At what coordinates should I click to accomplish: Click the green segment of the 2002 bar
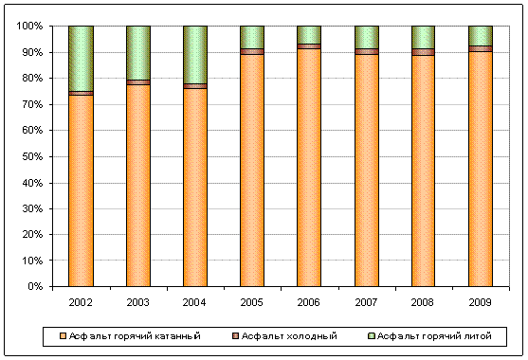click(x=81, y=59)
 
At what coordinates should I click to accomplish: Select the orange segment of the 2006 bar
click(x=309, y=168)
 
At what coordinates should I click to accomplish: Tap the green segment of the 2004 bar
click(x=195, y=55)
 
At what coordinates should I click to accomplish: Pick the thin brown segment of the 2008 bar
click(x=423, y=52)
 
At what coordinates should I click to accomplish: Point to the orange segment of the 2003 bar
click(x=138, y=186)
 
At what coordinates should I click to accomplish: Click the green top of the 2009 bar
click(x=481, y=36)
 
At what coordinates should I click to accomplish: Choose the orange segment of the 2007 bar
click(x=366, y=171)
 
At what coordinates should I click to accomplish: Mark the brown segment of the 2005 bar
click(x=252, y=51)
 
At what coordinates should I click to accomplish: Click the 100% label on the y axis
click(x=29, y=26)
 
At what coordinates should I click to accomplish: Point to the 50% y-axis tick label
click(x=32, y=156)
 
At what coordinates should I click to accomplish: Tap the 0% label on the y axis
click(x=35, y=286)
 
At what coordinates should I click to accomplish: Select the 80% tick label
click(x=32, y=78)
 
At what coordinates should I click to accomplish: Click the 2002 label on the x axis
click(x=81, y=302)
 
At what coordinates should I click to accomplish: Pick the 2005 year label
click(x=251, y=302)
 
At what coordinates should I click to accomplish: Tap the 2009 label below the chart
click(x=481, y=302)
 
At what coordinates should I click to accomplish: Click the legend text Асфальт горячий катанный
click(x=135, y=336)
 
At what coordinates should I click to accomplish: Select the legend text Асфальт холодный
click(x=289, y=336)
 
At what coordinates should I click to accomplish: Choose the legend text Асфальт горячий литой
click(x=434, y=336)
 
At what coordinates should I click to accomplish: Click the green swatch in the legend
click(x=372, y=335)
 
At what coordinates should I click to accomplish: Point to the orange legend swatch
click(x=63, y=335)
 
